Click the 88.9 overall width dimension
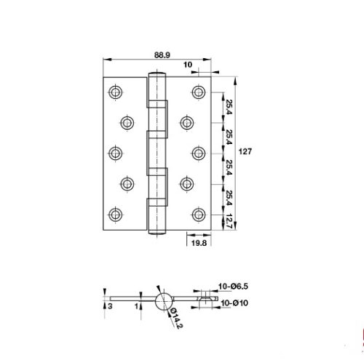pos(163,54)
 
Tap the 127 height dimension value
pos(247,152)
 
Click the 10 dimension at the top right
pos(188,65)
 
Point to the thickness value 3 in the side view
pos(109,306)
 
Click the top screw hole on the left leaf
pos(116,92)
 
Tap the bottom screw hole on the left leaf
pos(116,214)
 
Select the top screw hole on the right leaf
pos(199,92)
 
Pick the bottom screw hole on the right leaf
pos(199,214)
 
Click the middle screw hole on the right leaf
pos(199,153)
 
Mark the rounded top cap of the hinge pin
pos(157,74)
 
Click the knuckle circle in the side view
pos(163,300)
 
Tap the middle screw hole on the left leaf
pos(116,153)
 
